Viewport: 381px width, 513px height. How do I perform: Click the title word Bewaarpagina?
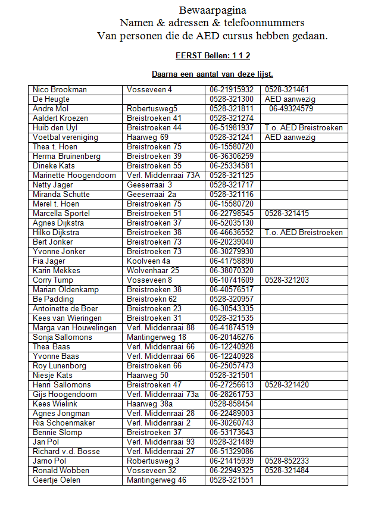(213, 10)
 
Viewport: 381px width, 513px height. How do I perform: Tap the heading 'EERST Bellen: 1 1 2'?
(213, 55)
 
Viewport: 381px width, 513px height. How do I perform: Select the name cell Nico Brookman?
(60, 90)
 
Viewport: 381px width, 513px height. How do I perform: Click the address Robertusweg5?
(152, 109)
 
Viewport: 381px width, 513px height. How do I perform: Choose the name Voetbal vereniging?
(65, 137)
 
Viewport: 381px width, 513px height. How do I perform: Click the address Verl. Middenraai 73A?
(163, 176)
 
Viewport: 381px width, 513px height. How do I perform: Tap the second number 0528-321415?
(287, 214)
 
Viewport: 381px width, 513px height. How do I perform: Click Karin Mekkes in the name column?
(57, 271)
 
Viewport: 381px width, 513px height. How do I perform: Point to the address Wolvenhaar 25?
(153, 271)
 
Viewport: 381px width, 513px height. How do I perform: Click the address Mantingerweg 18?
(157, 337)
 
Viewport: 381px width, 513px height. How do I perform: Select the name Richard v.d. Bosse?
(66, 452)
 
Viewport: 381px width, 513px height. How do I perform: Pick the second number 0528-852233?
(287, 461)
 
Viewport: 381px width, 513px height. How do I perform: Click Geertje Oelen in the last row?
(57, 480)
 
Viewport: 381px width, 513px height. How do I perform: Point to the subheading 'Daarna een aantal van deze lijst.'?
(213, 74)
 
